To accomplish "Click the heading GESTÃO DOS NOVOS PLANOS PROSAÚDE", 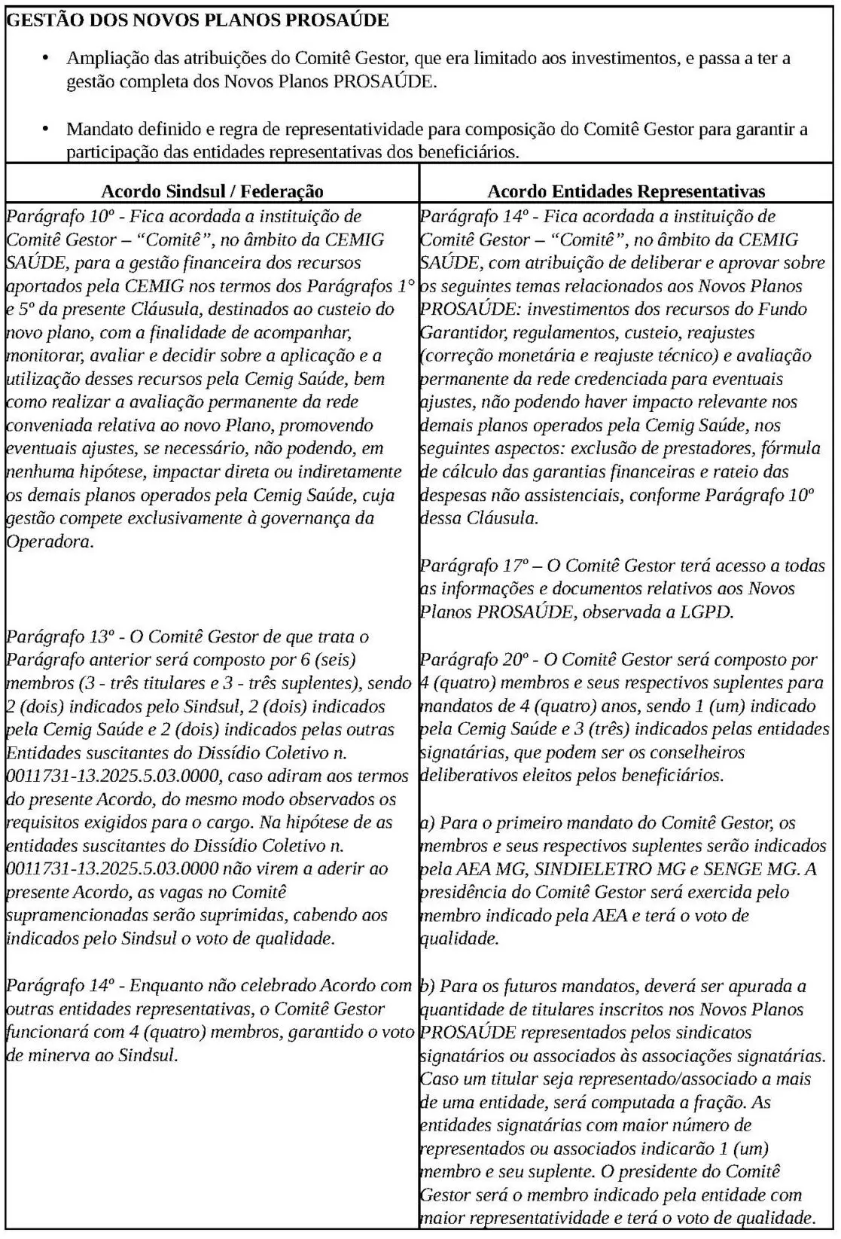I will click(x=197, y=20).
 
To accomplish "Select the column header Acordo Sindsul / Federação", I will click(x=212, y=191).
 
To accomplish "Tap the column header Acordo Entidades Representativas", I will click(x=626, y=191).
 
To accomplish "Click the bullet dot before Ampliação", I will click(x=46, y=58).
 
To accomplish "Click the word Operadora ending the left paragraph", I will click(x=49, y=542).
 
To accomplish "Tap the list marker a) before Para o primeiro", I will click(x=427, y=822).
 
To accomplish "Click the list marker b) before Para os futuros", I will click(x=427, y=986).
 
